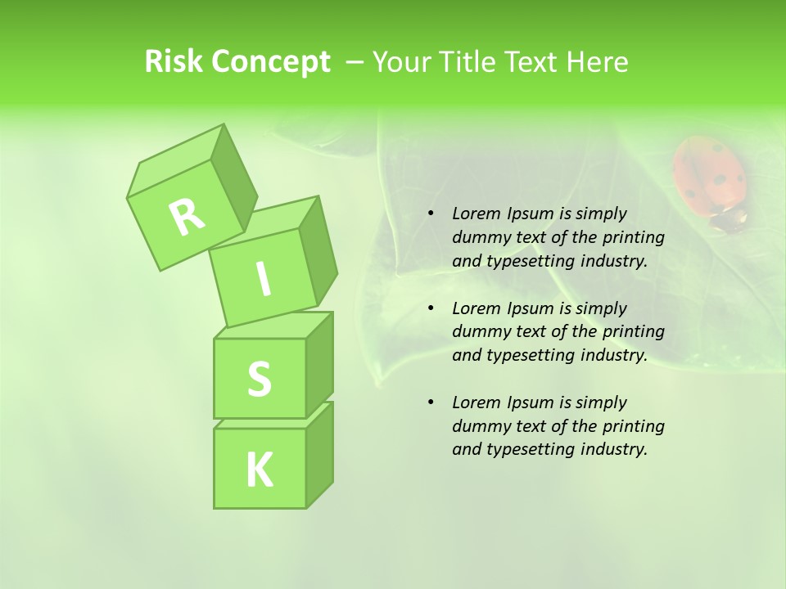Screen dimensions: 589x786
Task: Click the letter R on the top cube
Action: click(187, 217)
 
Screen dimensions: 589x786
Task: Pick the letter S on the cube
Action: click(259, 379)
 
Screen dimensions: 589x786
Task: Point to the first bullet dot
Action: click(431, 214)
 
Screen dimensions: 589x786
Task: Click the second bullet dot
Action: click(431, 309)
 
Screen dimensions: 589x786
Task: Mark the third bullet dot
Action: click(431, 403)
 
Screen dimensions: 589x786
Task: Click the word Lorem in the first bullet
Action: click(474, 214)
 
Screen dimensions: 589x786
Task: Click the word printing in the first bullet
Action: click(634, 237)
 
